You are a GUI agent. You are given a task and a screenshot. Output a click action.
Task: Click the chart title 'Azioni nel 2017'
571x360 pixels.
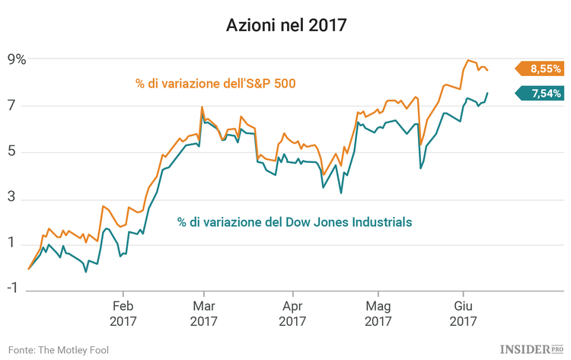click(x=285, y=25)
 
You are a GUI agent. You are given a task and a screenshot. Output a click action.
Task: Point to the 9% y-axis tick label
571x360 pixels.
click(x=17, y=59)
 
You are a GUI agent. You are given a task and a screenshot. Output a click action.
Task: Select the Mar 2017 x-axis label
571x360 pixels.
click(x=204, y=314)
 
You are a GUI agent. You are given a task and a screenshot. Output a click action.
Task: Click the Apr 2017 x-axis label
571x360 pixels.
click(x=293, y=314)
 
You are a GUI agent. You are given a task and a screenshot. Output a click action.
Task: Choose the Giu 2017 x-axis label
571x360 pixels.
click(x=463, y=314)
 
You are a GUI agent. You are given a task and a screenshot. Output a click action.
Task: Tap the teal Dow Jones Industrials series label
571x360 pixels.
click(x=295, y=222)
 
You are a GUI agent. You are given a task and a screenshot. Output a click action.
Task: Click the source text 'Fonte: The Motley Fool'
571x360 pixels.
click(x=59, y=349)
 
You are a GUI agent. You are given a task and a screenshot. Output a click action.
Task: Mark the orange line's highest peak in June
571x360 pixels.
click(x=467, y=60)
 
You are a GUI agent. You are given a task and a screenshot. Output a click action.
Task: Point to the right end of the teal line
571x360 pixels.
click(x=487, y=93)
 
